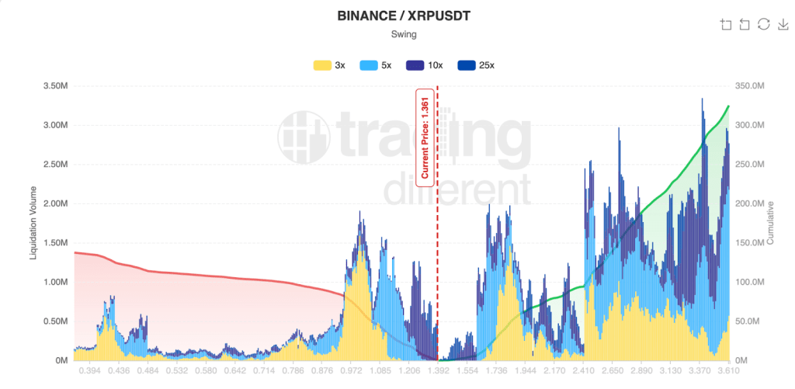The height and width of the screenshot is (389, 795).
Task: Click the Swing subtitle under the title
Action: tap(397, 34)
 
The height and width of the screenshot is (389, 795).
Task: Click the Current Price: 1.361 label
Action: tap(425, 137)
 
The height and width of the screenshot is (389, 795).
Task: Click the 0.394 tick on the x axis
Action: tap(89, 372)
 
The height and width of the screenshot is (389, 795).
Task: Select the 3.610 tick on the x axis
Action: tap(727, 372)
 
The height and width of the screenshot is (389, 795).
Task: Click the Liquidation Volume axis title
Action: tap(33, 222)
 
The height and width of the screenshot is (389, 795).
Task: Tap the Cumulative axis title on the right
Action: tap(770, 222)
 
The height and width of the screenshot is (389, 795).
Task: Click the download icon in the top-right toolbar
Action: tap(783, 24)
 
